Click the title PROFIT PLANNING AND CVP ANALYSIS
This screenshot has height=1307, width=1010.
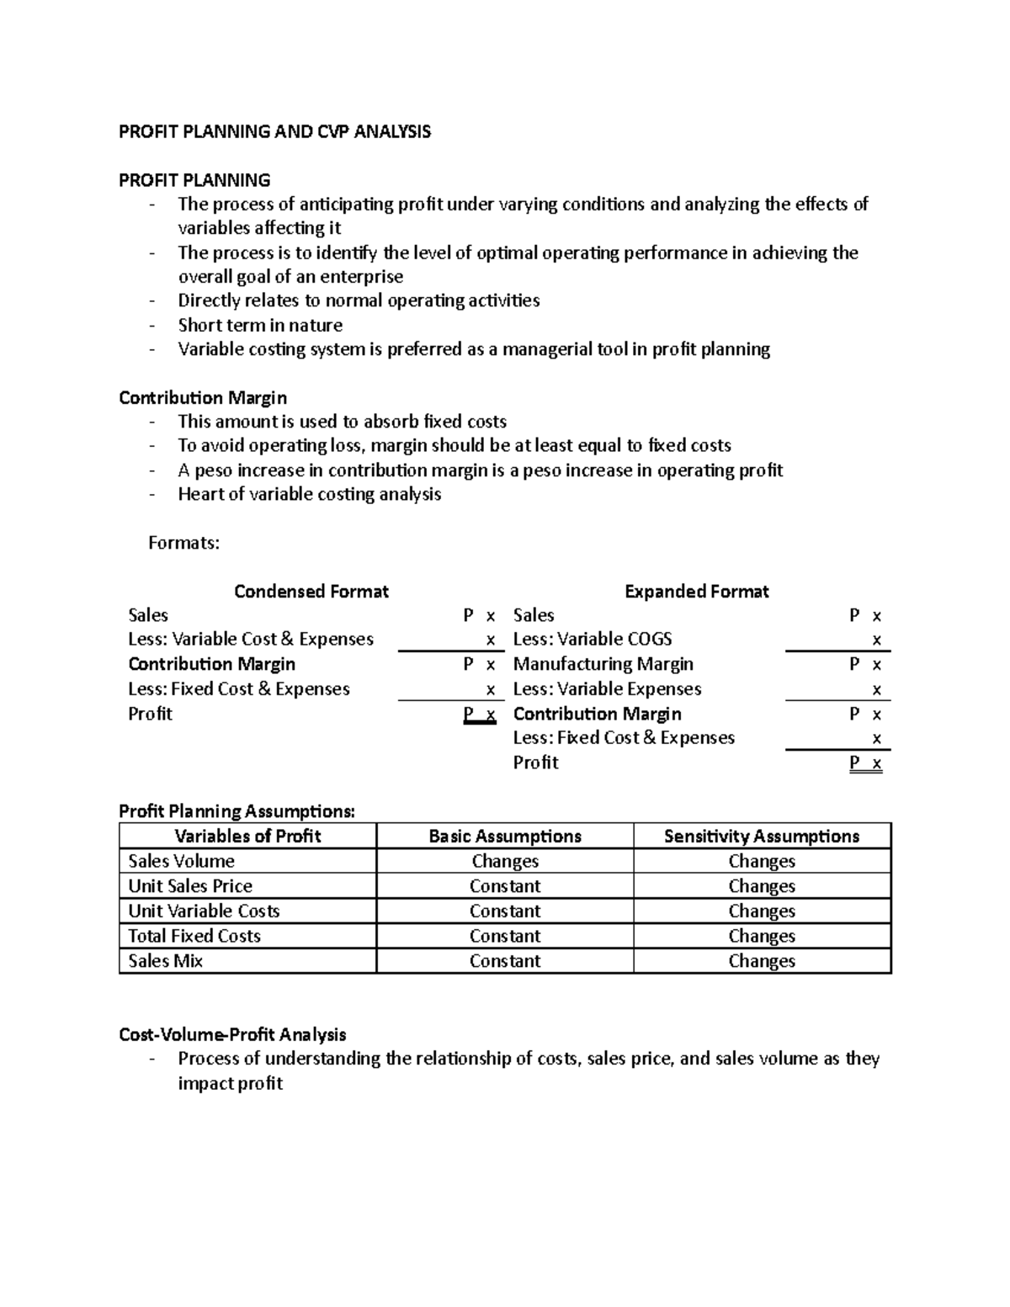coord(274,131)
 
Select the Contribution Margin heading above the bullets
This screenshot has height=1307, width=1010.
coord(203,397)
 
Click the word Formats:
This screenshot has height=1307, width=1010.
coord(183,543)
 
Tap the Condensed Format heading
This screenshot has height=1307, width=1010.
coord(311,592)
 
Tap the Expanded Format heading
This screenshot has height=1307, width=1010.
coord(696,592)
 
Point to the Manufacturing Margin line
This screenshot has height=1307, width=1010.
coord(603,664)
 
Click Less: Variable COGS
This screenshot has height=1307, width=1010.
coord(592,639)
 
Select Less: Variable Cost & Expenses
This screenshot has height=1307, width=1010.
coord(250,639)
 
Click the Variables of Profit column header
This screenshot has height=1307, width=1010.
coord(247,836)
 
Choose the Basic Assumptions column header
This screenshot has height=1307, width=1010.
coord(505,836)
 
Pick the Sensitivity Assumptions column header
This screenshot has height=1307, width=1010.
coord(762,836)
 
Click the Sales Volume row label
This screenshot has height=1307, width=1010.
coord(181,861)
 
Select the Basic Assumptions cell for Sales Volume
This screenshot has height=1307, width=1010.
coord(505,861)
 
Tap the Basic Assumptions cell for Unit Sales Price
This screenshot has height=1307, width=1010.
coord(505,886)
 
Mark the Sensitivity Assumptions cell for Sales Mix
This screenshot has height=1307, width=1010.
coord(762,961)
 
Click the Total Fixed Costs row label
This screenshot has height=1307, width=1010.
coord(194,936)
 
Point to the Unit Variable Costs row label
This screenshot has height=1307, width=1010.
coord(204,911)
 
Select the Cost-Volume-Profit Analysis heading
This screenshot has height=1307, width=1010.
coord(232,1034)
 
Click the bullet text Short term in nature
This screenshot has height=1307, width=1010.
coord(260,325)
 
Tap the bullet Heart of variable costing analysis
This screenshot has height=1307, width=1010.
coord(309,494)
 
